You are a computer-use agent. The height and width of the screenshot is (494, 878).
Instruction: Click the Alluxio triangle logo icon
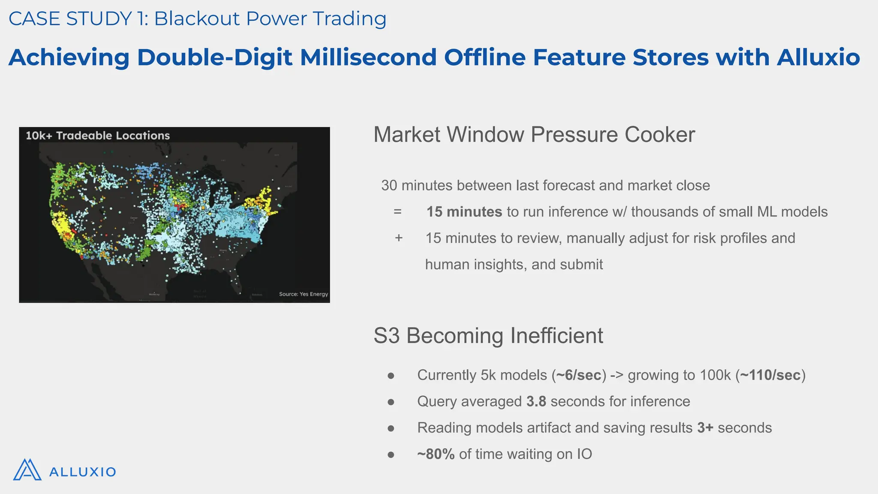pyautogui.click(x=27, y=470)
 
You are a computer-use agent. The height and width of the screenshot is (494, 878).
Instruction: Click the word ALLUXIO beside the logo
pyautogui.click(x=83, y=472)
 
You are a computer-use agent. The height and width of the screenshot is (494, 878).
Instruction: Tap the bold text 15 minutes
pyautogui.click(x=464, y=212)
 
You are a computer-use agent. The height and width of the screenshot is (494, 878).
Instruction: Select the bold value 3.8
pyautogui.click(x=536, y=401)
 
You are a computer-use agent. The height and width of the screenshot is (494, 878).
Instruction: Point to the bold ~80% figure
pyautogui.click(x=436, y=454)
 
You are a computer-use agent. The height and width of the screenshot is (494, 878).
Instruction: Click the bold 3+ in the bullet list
pyautogui.click(x=705, y=428)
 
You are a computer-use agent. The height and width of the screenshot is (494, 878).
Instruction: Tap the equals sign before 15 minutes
pyautogui.click(x=397, y=212)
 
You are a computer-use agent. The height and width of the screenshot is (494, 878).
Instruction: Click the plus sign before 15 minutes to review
pyautogui.click(x=399, y=238)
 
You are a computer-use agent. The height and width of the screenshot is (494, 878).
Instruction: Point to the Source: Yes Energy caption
pyautogui.click(x=303, y=294)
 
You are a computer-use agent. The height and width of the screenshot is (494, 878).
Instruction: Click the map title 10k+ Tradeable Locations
pyautogui.click(x=98, y=136)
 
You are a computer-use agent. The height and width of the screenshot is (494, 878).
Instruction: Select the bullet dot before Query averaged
pyautogui.click(x=391, y=402)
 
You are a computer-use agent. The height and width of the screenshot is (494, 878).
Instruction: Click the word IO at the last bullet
pyautogui.click(x=584, y=454)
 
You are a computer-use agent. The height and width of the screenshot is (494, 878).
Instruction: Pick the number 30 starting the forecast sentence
pyautogui.click(x=389, y=186)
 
